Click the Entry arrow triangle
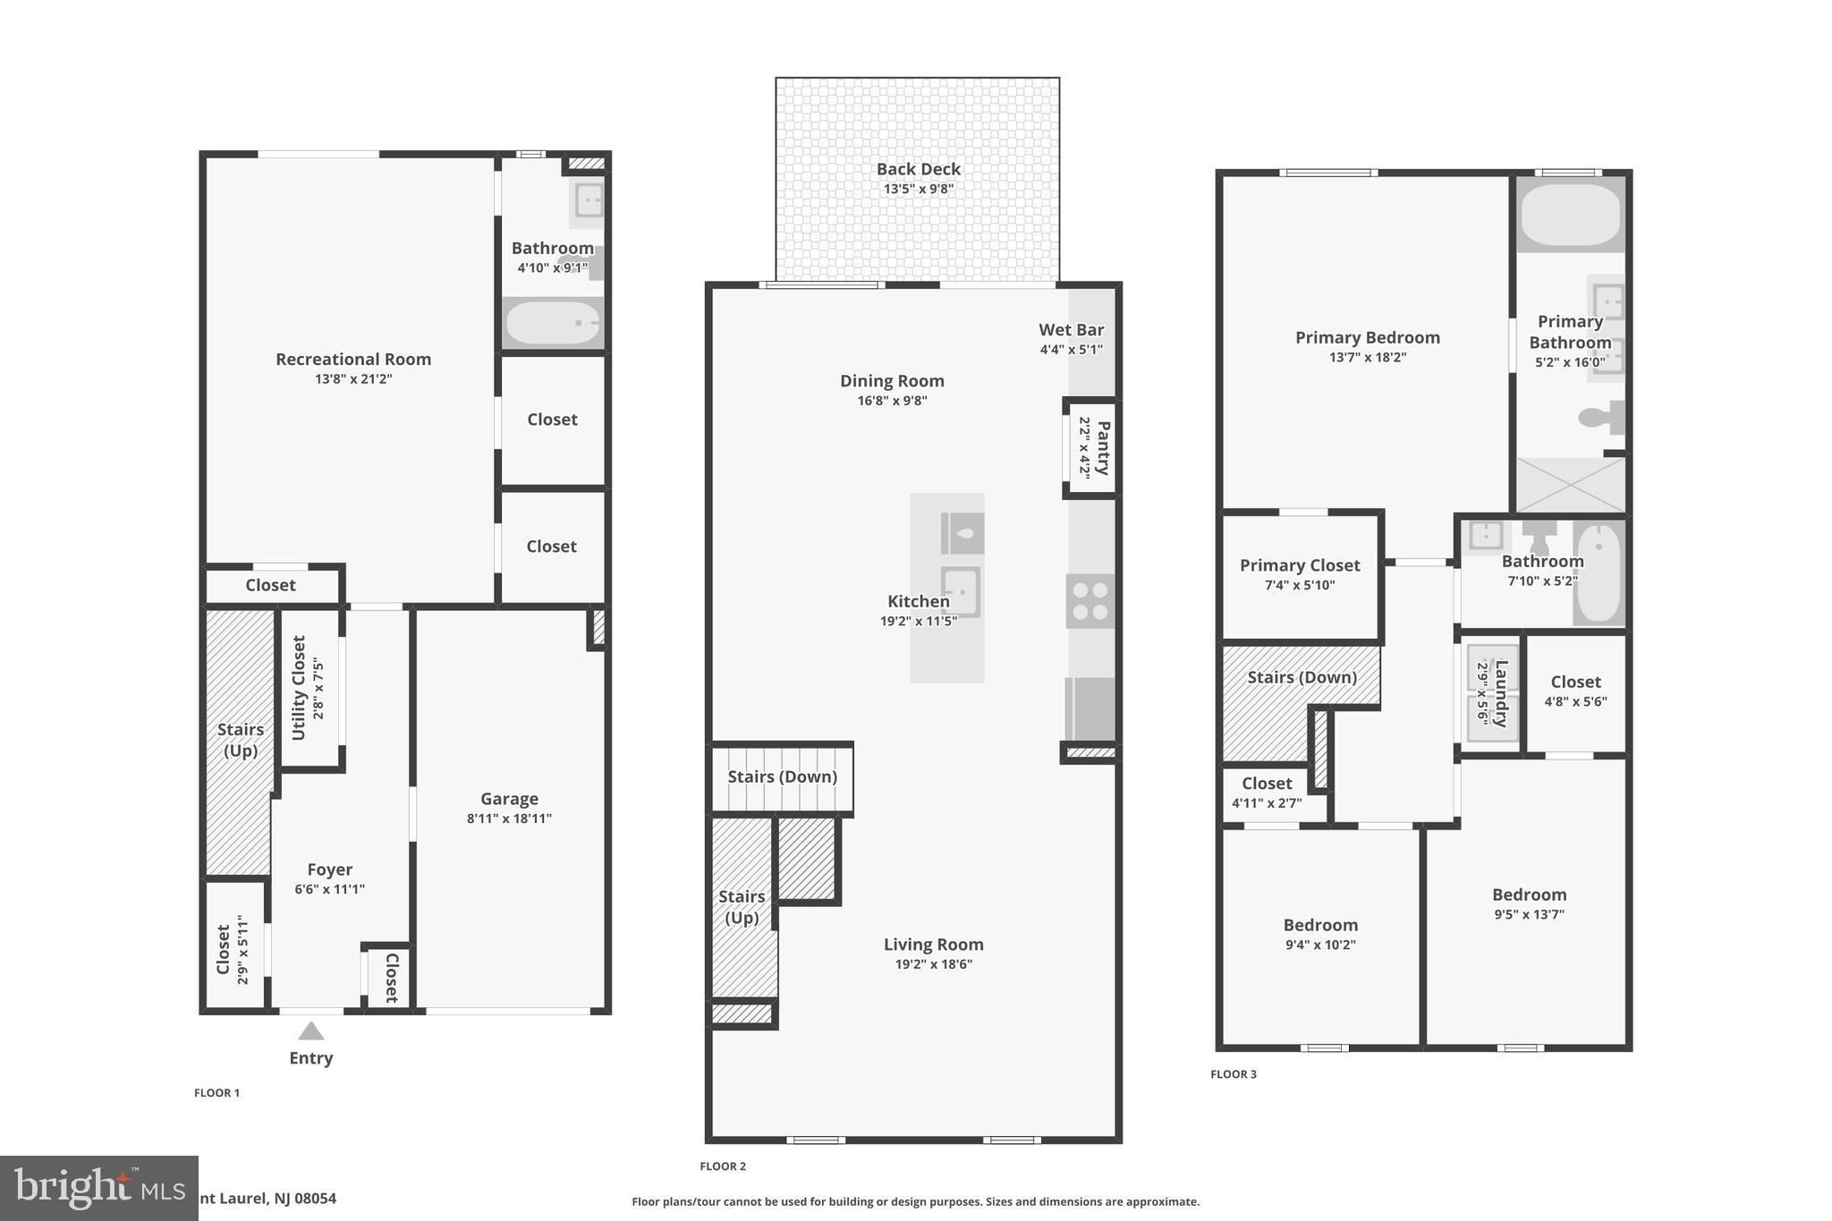click(x=310, y=1031)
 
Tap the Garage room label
click(x=509, y=799)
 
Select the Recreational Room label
click(x=353, y=359)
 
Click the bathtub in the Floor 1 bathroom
click(x=552, y=323)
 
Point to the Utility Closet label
click(x=299, y=688)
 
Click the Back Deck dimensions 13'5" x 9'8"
click(x=919, y=189)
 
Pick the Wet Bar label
click(x=1071, y=329)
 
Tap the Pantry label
click(x=1103, y=448)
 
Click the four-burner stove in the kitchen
click(x=1090, y=600)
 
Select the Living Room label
click(x=933, y=944)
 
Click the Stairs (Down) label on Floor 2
click(x=782, y=776)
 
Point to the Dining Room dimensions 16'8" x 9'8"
click(x=892, y=401)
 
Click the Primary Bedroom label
click(x=1367, y=337)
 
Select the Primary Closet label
click(x=1299, y=565)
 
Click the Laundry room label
click(x=1501, y=693)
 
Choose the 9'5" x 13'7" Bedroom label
click(x=1529, y=895)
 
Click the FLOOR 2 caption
click(x=722, y=1166)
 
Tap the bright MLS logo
click(x=98, y=1188)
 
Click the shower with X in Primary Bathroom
click(x=1571, y=485)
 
